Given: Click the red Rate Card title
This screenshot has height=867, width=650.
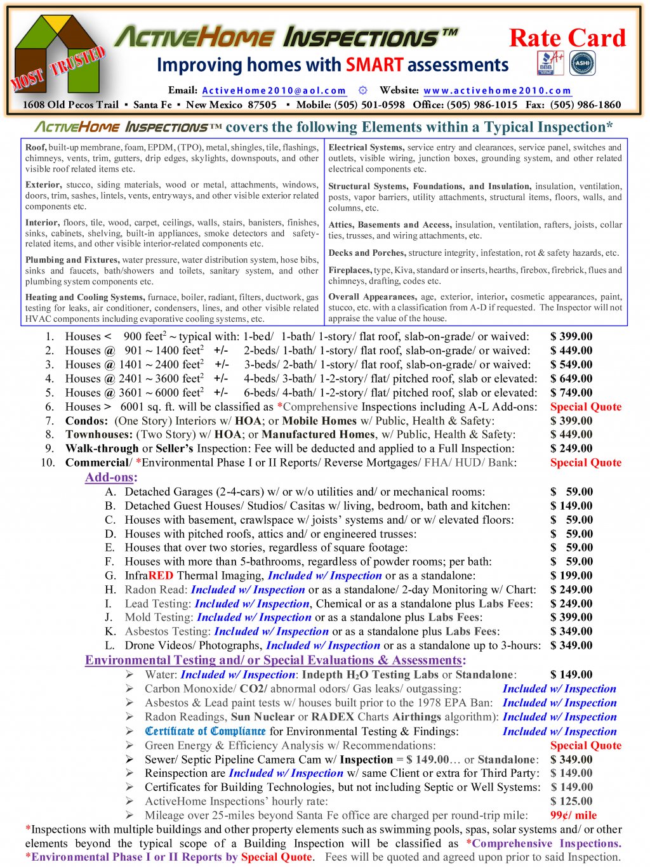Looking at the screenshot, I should coord(567,38).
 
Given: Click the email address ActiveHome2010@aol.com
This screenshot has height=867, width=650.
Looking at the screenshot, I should coord(274,91).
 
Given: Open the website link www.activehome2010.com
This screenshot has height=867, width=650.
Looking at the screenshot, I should coord(497,91).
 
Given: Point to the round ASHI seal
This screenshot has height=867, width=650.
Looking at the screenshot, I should coord(582,63).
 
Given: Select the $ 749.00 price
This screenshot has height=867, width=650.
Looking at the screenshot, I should coord(571,393).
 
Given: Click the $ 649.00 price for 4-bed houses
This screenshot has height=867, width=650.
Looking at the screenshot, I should coord(571,379).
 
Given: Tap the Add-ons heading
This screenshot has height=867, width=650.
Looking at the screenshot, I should coord(111,477).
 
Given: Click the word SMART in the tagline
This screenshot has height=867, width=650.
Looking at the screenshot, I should coord(375,65).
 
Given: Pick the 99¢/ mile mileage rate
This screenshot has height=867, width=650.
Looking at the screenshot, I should coord(573,816).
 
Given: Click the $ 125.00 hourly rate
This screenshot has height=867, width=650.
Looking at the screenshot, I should coord(571,802).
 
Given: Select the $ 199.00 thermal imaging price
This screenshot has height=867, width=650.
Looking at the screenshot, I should coord(571,576).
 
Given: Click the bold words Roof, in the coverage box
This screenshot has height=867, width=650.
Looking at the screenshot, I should coord(36,148).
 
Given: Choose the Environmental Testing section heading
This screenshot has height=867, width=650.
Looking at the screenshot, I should coord(275,660).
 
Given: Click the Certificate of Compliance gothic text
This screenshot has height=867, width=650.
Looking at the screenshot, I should coord(205,731).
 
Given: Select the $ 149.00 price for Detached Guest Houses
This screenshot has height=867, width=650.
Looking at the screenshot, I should coord(571,506).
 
